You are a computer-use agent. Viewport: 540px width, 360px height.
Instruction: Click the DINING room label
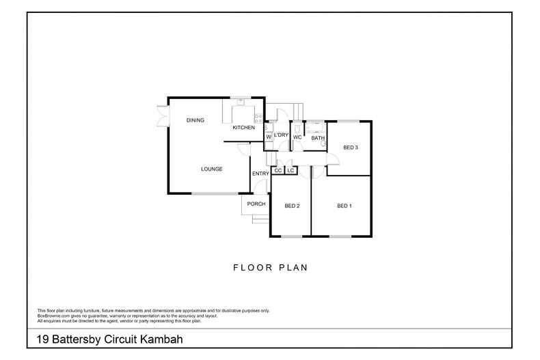point(195,120)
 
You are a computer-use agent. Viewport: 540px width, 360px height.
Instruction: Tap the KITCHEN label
point(244,127)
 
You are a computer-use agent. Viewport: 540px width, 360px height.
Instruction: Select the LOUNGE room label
point(211,169)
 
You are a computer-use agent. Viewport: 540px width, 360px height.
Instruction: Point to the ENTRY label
point(260,174)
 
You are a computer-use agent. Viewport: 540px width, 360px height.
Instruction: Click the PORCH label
point(256,204)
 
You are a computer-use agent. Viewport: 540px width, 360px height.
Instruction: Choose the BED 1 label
point(345,206)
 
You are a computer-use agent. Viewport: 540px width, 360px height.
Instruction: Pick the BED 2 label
point(292,206)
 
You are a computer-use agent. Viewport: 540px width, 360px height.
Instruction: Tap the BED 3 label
point(351,148)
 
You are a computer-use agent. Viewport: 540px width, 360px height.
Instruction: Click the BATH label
point(318,138)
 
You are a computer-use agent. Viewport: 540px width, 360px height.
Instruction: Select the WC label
point(297,137)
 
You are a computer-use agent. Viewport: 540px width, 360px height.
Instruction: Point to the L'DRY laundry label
point(281,135)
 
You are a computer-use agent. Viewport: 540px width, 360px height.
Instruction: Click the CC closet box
point(278,170)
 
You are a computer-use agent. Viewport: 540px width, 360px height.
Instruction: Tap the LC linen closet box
point(291,170)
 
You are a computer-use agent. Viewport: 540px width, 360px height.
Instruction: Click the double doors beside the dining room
point(163,116)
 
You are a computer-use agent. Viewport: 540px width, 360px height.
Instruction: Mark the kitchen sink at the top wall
point(241,102)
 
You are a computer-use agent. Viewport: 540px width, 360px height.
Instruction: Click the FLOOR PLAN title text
point(271,267)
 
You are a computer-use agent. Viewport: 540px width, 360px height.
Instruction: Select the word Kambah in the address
point(161,340)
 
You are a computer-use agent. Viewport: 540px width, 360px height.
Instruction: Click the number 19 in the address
point(42,340)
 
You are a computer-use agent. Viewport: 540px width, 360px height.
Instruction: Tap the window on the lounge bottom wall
point(215,193)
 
